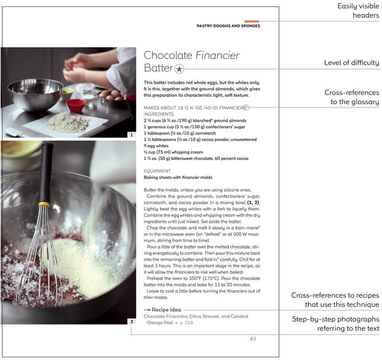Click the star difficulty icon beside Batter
179,69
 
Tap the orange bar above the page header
252,22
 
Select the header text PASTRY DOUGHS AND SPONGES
228,26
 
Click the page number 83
253,338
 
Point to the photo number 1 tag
131,135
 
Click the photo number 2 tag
131,322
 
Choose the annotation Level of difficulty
351,63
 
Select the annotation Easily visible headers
358,10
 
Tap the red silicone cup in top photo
75,106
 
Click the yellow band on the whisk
44,204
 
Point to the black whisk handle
46,173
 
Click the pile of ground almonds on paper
68,123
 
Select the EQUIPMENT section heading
157,171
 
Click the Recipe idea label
166,310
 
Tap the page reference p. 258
186,322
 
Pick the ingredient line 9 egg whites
156,146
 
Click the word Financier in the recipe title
218,55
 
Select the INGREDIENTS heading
159,114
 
